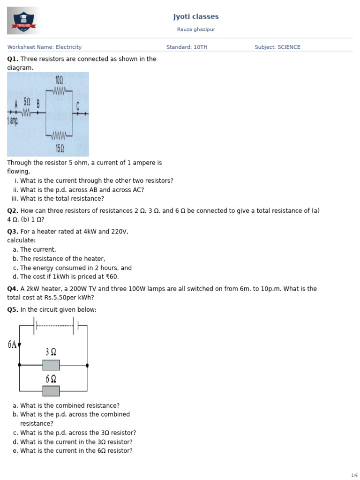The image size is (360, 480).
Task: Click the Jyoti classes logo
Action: coord(23,21)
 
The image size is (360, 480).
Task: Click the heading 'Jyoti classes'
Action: coord(196,17)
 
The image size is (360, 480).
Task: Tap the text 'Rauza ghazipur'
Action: coord(196,30)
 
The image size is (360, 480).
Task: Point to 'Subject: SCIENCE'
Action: coord(277,47)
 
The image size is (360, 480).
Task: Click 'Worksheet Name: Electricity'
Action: coord(44,47)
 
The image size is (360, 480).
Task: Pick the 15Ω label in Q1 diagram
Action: coord(60,149)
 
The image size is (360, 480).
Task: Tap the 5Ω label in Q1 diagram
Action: coord(27,102)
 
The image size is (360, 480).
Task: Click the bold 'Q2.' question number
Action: coord(13,211)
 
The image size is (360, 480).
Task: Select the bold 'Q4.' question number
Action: coord(13,289)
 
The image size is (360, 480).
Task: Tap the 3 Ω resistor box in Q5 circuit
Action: coord(51,365)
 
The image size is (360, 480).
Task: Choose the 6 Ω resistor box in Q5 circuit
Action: coord(51,391)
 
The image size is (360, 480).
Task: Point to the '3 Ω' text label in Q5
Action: coord(51,352)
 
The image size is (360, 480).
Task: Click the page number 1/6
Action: coord(354,475)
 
